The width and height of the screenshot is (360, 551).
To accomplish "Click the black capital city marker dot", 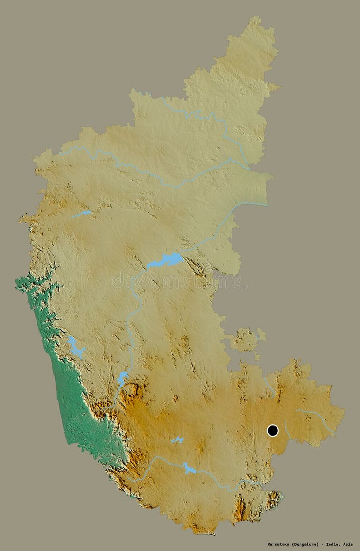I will pyautogui.click(x=273, y=431).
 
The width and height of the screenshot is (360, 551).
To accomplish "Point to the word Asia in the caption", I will pyautogui.click(x=347, y=544).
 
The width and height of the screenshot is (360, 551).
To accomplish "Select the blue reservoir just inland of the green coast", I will pyautogui.click(x=75, y=347).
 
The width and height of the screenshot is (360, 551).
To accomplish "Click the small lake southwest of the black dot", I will pyautogui.click(x=177, y=440).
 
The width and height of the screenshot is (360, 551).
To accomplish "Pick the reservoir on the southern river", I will pyautogui.click(x=189, y=468).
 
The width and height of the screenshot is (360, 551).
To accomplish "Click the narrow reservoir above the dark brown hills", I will pyautogui.click(x=122, y=378).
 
